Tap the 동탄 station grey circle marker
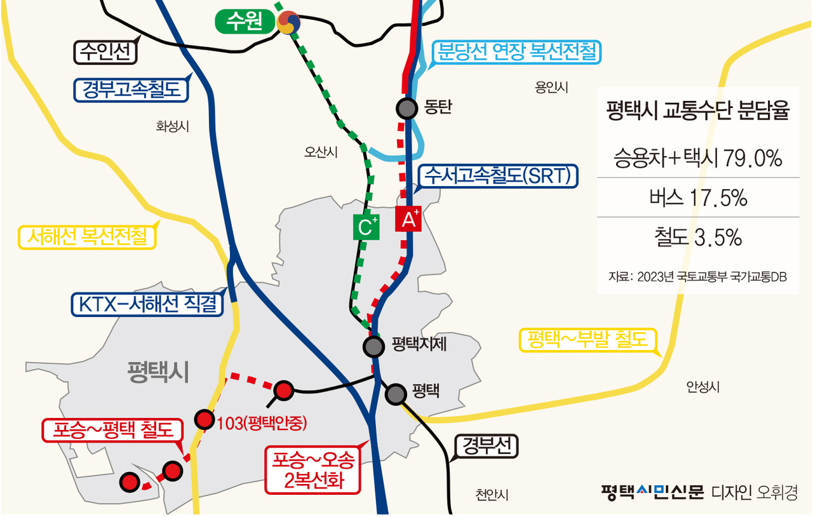coord(406,109)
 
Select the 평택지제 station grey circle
coord(373,346)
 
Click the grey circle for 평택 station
coord(396,394)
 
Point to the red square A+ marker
coord(408,219)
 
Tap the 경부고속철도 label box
coord(132,90)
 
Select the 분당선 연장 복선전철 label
coord(516,51)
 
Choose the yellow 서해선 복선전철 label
coord(87,237)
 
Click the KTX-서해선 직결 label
coord(147,304)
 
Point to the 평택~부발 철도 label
coord(586,341)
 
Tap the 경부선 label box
coord(486,446)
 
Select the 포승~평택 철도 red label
coord(112,431)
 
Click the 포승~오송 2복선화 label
coord(313,469)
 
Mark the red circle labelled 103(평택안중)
coord(204,419)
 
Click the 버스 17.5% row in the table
coord(698,199)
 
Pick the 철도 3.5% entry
coord(698,238)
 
